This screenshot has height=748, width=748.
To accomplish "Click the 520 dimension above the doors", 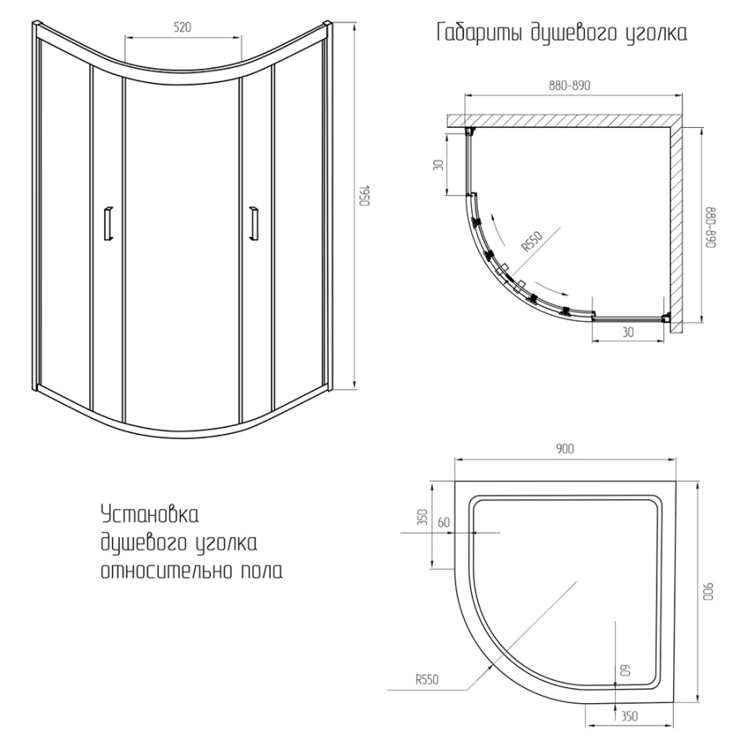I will pyautogui.click(x=183, y=27).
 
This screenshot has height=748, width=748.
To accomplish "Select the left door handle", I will pyautogui.click(x=106, y=222).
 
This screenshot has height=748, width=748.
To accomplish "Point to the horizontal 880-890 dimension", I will pyautogui.click(x=569, y=86).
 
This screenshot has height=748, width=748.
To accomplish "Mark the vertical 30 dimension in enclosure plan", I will pyautogui.click(x=438, y=164).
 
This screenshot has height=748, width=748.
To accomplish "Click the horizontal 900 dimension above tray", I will pyautogui.click(x=564, y=450).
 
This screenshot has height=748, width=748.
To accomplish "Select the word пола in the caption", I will pyautogui.click(x=260, y=571).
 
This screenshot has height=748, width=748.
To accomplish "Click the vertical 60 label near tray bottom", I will pyautogui.click(x=624, y=668).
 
